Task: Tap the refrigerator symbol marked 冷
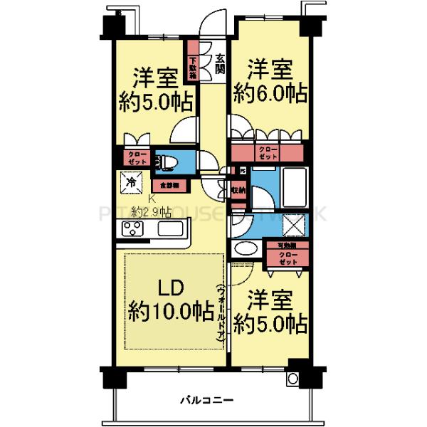pos(132,183)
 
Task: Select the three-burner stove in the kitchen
pos(133,228)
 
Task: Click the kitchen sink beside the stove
pos(172,228)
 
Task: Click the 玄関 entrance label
pos(221,65)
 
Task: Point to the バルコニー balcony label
pos(206,400)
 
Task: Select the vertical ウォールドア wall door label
pos(222,314)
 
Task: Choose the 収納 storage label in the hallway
pos(238,190)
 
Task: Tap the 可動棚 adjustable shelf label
pos(288,246)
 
